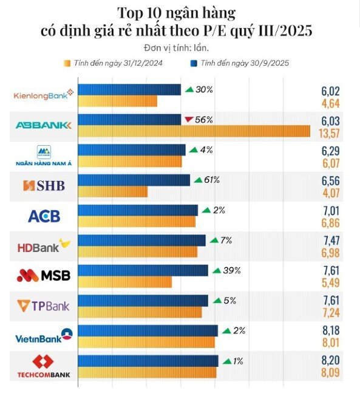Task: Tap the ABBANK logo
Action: pyautogui.click(x=44, y=125)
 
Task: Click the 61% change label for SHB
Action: pyautogui.click(x=211, y=180)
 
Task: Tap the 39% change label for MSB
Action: pyautogui.click(x=229, y=270)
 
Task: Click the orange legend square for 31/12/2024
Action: pyautogui.click(x=67, y=63)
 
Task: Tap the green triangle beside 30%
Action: pyautogui.click(x=189, y=90)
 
